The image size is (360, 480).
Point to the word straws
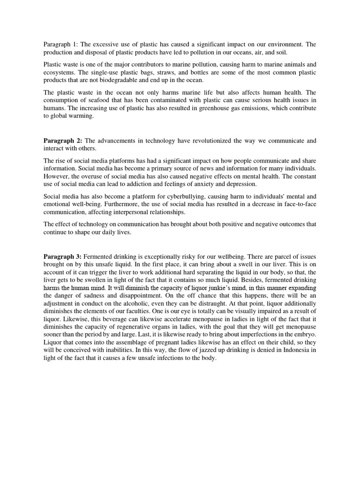163,73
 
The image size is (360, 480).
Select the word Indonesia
297,351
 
